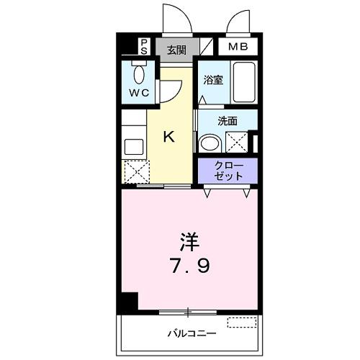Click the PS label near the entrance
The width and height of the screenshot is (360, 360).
[144, 47]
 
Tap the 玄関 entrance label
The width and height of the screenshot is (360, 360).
[176, 50]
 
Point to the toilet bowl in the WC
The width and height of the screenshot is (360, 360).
[139, 73]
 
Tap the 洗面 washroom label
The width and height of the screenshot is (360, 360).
[228, 121]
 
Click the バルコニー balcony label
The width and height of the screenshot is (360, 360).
[192, 333]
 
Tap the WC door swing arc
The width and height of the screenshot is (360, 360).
[168, 89]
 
